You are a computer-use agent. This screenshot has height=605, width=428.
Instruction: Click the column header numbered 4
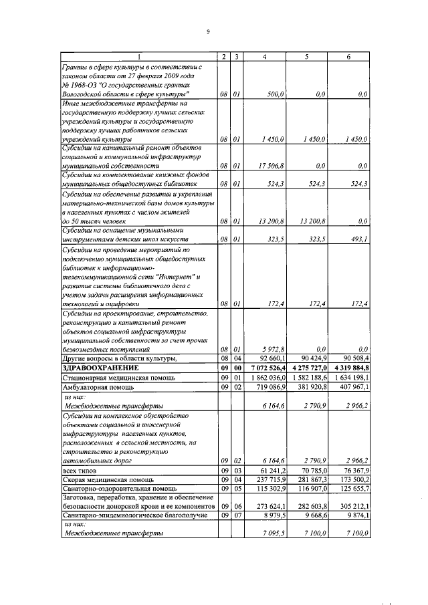(265, 57)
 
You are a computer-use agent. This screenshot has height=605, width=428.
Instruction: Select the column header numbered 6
(348, 57)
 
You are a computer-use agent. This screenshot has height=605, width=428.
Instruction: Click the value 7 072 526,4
(265, 367)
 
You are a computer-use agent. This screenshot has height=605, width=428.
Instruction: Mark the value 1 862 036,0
(265, 377)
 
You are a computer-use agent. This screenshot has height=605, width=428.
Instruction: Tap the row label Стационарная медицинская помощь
(114, 377)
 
